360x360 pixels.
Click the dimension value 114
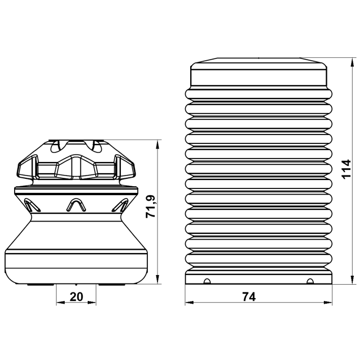pyautogui.click(x=346, y=169)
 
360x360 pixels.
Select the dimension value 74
pyautogui.click(x=249, y=297)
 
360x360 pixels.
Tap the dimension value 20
pyautogui.click(x=76, y=296)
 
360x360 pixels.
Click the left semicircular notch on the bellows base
pyautogui.click(x=207, y=281)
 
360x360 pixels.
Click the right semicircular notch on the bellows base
pyautogui.click(x=310, y=281)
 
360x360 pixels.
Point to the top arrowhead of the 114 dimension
pyautogui.click(x=352, y=62)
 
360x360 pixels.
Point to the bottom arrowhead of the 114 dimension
pyautogui.click(x=352, y=280)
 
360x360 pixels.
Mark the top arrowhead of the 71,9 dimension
pyautogui.click(x=157, y=144)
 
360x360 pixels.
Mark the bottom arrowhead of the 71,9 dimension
pyautogui.click(x=157, y=280)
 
